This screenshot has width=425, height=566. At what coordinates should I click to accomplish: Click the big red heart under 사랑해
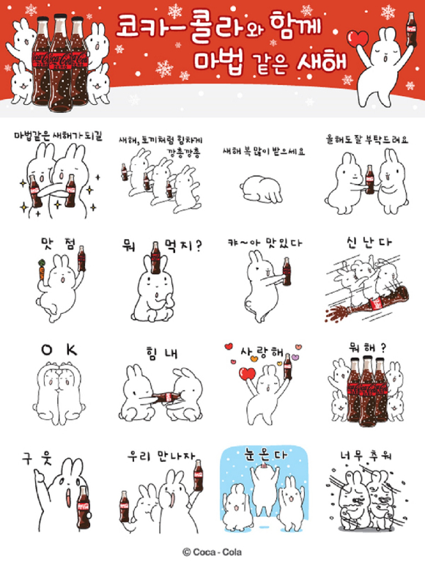click(x=247, y=375)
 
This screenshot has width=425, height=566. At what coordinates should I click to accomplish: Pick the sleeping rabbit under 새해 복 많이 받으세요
click(x=262, y=190)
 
